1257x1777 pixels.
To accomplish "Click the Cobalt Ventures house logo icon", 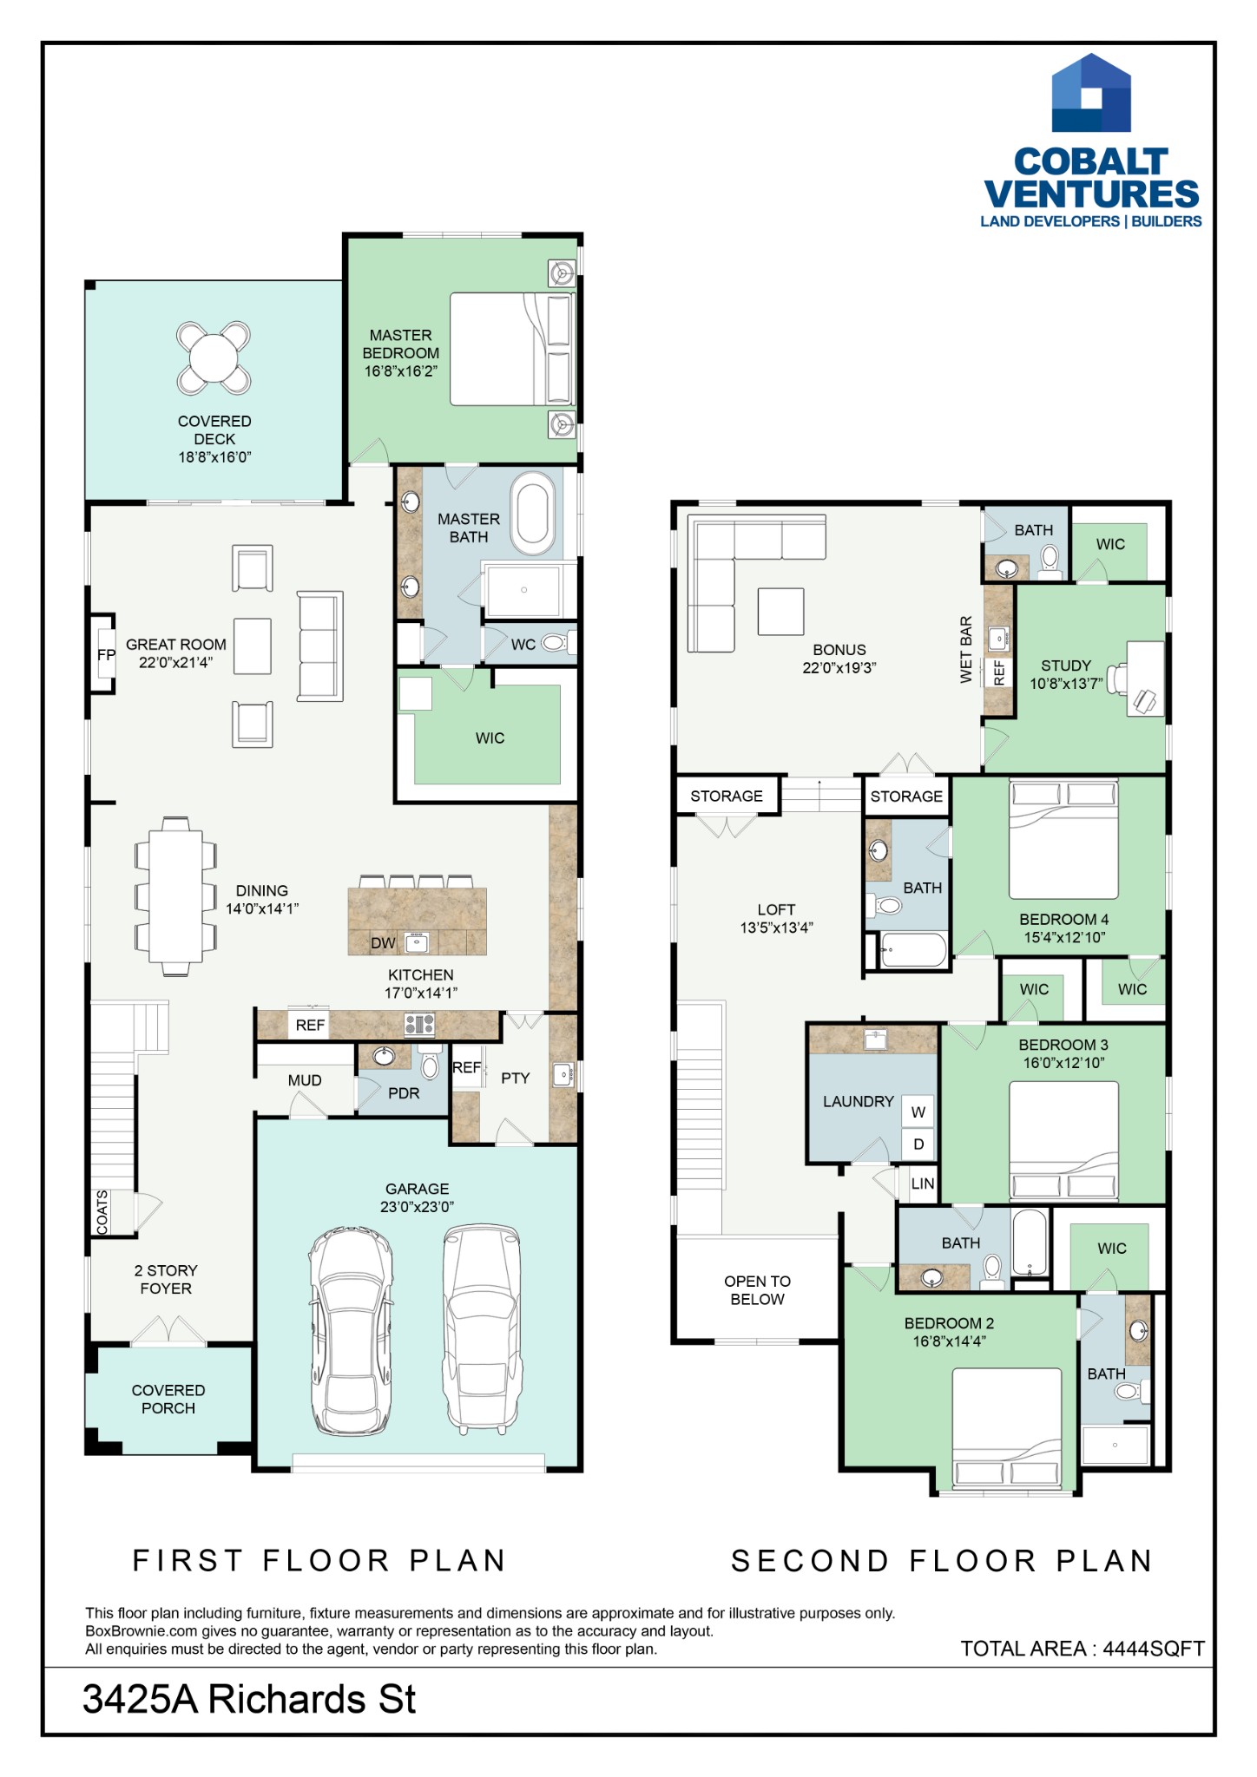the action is click(x=1091, y=93).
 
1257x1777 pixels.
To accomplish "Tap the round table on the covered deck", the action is click(x=214, y=357).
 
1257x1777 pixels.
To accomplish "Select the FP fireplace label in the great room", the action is click(x=106, y=655).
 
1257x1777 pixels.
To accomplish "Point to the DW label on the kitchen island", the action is click(x=383, y=943).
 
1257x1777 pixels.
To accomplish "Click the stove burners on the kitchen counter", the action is click(x=419, y=1025).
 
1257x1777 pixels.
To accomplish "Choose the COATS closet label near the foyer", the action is click(x=102, y=1212).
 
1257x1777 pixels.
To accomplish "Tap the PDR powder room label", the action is click(x=404, y=1093).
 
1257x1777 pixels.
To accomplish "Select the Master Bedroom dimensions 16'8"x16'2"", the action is click(x=400, y=371).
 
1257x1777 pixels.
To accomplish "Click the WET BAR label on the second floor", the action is click(x=966, y=650).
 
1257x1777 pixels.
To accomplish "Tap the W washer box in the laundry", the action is click(x=918, y=1112).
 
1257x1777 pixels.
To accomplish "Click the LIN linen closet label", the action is click(x=923, y=1184).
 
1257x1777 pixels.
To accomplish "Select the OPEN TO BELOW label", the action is click(x=757, y=1290).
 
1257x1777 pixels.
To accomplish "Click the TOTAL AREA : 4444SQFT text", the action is click(x=1083, y=1649).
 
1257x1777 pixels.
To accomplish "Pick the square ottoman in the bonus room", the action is click(x=780, y=612).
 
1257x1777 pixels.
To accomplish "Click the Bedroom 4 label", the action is click(x=1064, y=919).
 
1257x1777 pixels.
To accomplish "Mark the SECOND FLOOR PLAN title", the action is click(x=942, y=1561).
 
